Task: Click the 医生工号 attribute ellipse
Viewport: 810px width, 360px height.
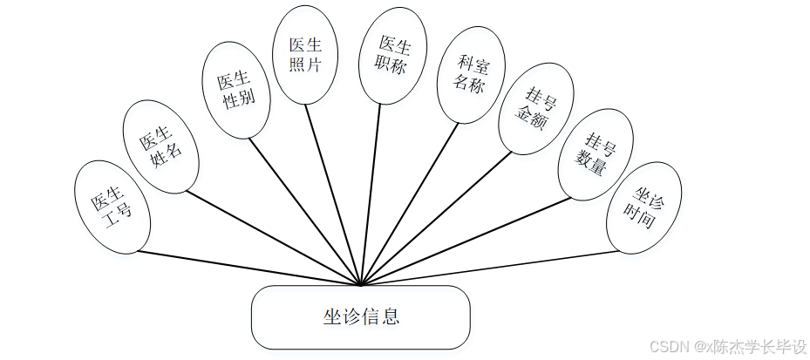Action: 112,207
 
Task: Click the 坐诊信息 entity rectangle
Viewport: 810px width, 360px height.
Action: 360,316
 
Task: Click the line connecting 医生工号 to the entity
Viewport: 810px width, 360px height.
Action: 248,268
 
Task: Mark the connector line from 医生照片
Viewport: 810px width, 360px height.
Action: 333,193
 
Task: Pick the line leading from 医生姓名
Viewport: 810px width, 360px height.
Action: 274,237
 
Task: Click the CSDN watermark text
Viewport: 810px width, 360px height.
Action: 729,346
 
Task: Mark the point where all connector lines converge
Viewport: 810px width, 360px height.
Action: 360,284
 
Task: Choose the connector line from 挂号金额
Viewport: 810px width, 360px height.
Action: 436,219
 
